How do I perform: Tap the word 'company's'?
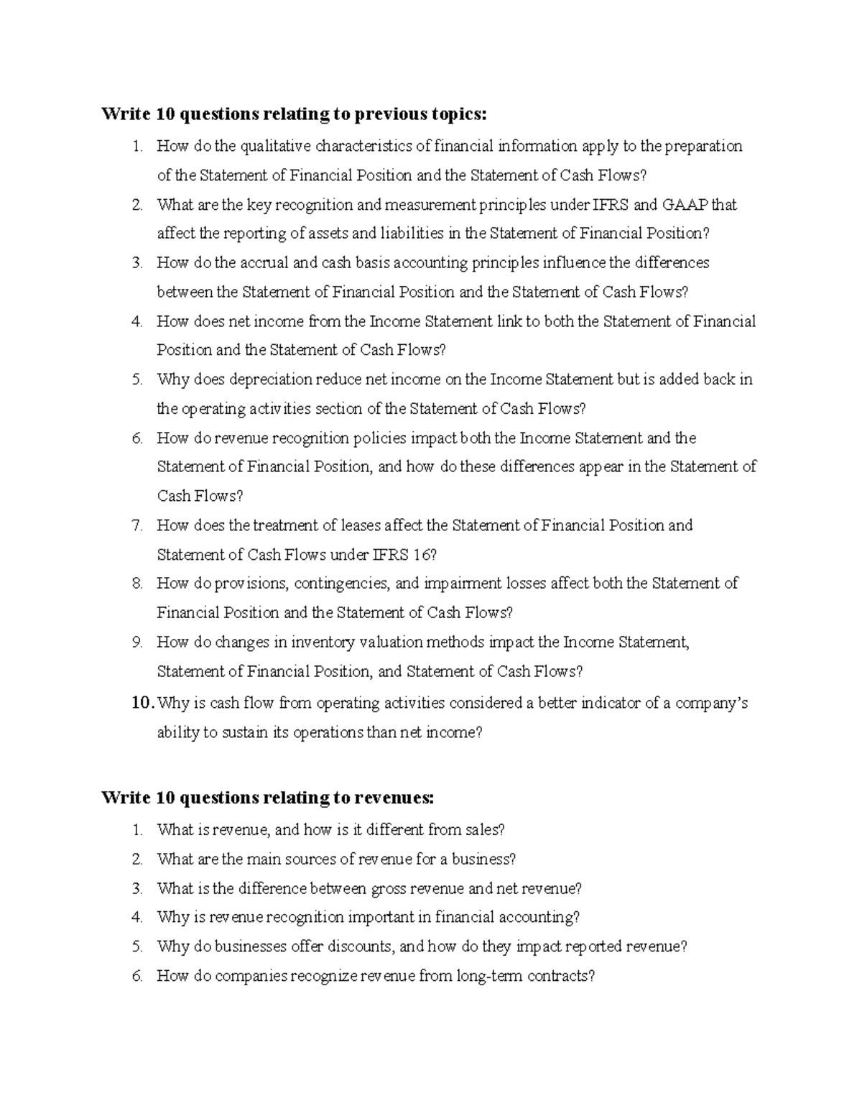(x=707, y=703)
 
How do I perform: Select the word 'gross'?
(x=389, y=889)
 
